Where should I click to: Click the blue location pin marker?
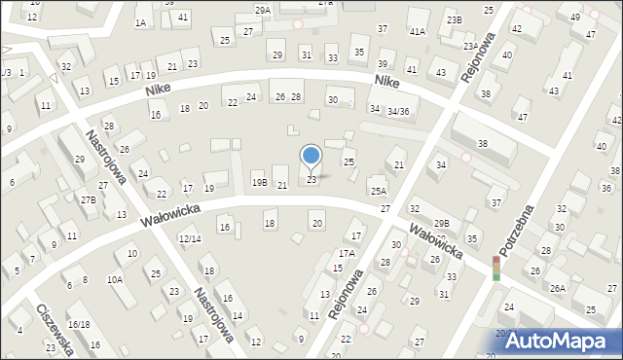[311, 156]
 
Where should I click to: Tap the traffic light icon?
[495, 269]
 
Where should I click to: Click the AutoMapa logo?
[562, 340]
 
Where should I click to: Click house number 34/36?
[397, 112]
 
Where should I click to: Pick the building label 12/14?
[190, 238]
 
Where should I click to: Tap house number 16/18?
[79, 324]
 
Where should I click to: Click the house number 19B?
[259, 182]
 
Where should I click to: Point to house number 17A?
[348, 253]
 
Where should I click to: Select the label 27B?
[89, 199]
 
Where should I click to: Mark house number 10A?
[115, 279]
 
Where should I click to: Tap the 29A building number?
[263, 10]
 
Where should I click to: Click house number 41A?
[418, 32]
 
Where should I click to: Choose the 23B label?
[455, 19]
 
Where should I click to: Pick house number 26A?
[558, 288]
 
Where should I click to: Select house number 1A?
[141, 22]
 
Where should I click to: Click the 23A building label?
[470, 46]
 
